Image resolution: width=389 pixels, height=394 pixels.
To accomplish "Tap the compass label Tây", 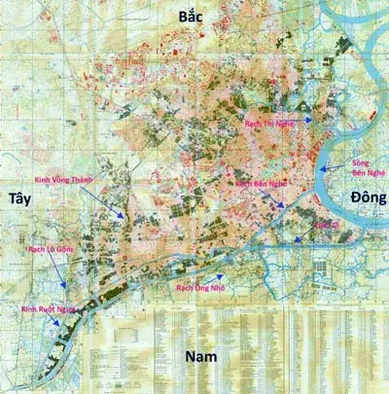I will pos(20,198).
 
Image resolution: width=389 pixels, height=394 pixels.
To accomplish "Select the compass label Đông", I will pos(367,198).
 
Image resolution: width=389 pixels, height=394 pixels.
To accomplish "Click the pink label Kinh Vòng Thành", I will pos(71,181).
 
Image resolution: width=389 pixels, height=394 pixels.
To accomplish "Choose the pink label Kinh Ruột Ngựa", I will pos(48,309).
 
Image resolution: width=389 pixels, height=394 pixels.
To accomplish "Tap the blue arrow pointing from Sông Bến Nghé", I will pos(334,167).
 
